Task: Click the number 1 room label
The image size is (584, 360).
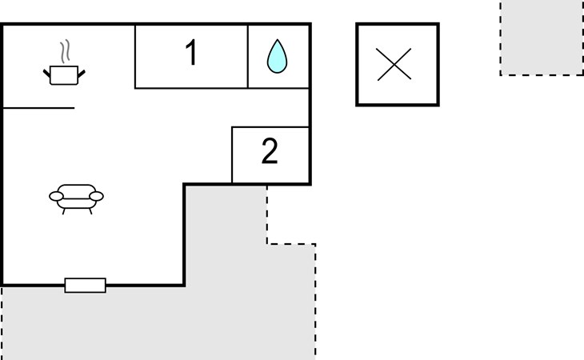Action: pyautogui.click(x=190, y=53)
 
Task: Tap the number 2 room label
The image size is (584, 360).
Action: pyautogui.click(x=270, y=151)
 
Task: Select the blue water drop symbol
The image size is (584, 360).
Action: pyautogui.click(x=278, y=56)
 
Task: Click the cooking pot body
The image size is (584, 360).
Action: pyautogui.click(x=63, y=76)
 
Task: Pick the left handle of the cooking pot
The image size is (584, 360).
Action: pyautogui.click(x=46, y=74)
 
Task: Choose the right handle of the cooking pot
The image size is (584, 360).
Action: pyautogui.click(x=81, y=74)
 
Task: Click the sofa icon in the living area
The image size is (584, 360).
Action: pyautogui.click(x=76, y=196)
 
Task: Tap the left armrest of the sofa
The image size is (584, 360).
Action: pyautogui.click(x=56, y=195)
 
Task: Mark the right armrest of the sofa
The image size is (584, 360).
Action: pyautogui.click(x=96, y=195)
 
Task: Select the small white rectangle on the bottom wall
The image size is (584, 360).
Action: pyautogui.click(x=85, y=285)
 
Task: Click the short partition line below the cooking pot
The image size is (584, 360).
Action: pyautogui.click(x=40, y=107)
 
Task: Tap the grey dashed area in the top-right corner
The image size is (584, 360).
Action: pyautogui.click(x=542, y=36)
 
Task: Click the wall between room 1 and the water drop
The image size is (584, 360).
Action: pyautogui.click(x=248, y=56)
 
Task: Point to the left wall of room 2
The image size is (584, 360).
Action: pyautogui.click(x=232, y=154)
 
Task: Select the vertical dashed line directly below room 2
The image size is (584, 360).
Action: pyautogui.click(x=267, y=213)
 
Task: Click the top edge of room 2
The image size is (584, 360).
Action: pyautogui.click(x=270, y=126)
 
